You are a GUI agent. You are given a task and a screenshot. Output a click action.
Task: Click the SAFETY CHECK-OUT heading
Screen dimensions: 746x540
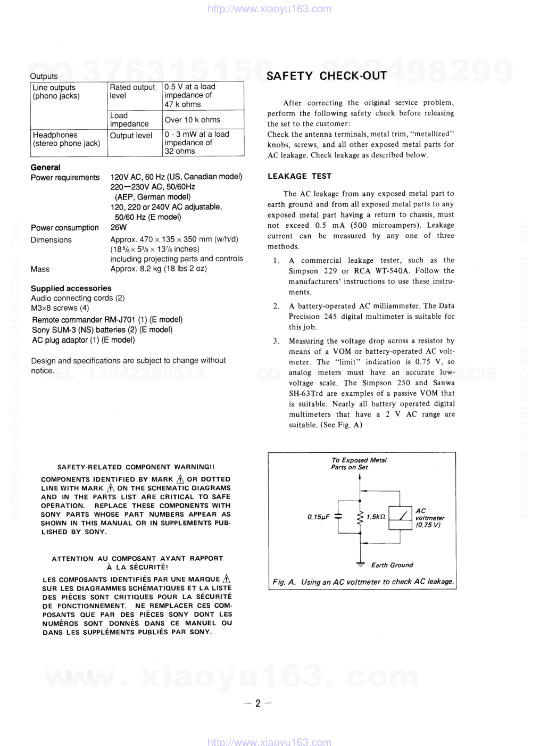pyautogui.click(x=326, y=76)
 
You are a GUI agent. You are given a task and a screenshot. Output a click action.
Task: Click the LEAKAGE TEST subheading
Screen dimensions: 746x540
pyautogui.click(x=299, y=176)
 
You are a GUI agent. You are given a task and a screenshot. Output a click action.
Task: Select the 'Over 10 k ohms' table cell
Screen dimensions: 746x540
pyautogui.click(x=192, y=120)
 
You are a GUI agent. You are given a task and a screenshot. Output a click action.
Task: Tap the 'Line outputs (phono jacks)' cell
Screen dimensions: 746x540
pyautogui.click(x=56, y=92)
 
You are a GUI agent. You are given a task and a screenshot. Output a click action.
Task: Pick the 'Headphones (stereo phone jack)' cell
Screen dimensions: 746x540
pyautogui.click(x=67, y=139)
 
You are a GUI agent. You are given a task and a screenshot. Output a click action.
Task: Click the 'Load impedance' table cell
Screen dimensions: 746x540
pyautogui.click(x=129, y=120)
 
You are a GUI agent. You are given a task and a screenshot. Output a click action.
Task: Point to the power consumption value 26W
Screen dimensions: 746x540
pyautogui.click(x=118, y=227)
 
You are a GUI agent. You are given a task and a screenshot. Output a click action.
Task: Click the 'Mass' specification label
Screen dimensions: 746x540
pyautogui.click(x=40, y=269)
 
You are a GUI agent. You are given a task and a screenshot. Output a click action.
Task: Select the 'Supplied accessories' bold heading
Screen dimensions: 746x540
pyautogui.click(x=71, y=288)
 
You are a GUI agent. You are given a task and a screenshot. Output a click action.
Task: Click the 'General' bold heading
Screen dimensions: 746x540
pyautogui.click(x=45, y=167)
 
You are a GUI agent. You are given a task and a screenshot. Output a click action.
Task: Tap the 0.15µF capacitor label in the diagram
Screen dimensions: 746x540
pyautogui.click(x=318, y=517)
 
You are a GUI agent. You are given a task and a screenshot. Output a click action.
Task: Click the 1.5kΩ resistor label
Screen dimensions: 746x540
pyautogui.click(x=376, y=517)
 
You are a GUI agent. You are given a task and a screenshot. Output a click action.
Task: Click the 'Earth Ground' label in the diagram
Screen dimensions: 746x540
pyautogui.click(x=392, y=565)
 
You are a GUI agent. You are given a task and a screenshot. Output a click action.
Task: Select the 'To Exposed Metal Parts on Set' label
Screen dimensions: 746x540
pyautogui.click(x=358, y=463)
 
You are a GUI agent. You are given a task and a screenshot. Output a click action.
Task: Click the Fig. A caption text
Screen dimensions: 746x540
pyautogui.click(x=363, y=582)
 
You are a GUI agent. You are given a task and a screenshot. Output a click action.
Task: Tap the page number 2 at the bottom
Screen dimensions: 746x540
pyautogui.click(x=258, y=703)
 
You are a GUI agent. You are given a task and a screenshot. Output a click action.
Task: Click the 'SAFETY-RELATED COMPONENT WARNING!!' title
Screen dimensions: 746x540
pyautogui.click(x=136, y=467)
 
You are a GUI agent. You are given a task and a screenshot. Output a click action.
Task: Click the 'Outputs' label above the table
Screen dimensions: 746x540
pyautogui.click(x=44, y=76)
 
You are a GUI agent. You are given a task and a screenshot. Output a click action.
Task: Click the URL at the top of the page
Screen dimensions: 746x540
pyautogui.click(x=269, y=9)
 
